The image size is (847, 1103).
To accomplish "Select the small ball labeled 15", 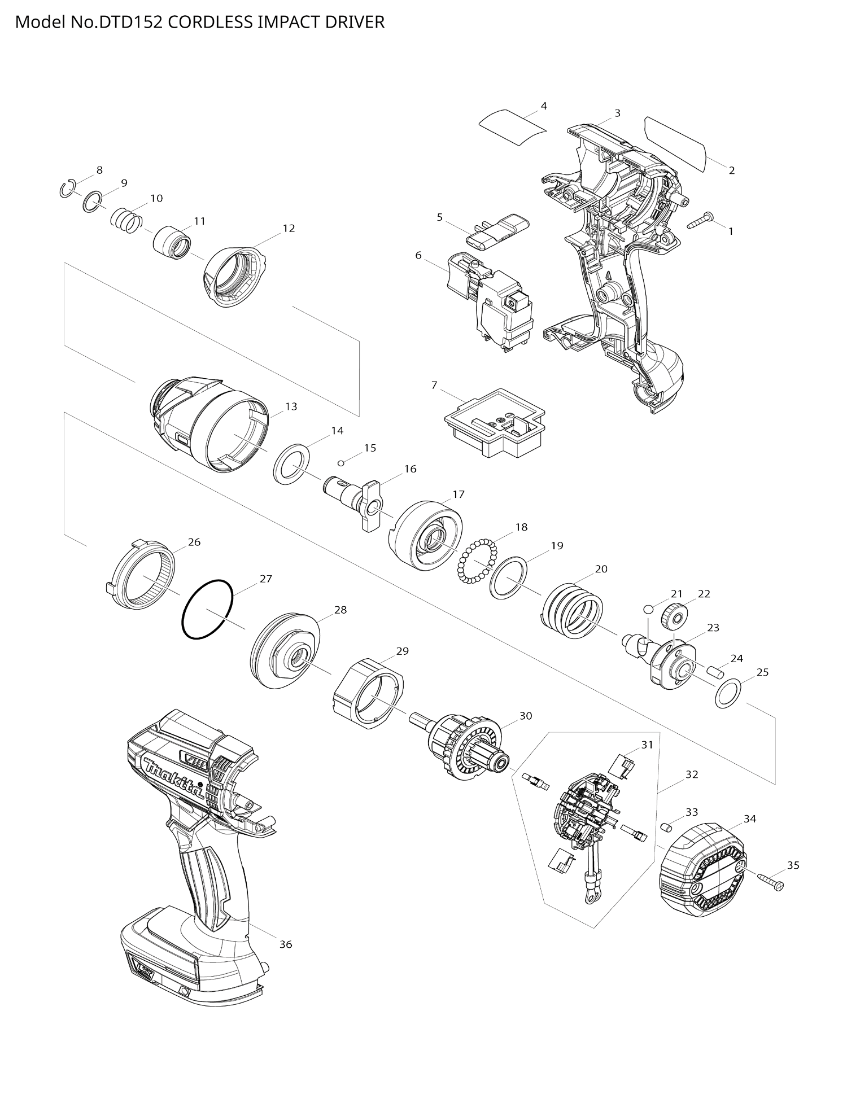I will [x=341, y=463].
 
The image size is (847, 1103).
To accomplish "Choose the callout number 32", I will [x=692, y=774].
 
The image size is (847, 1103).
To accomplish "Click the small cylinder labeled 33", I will [x=666, y=828].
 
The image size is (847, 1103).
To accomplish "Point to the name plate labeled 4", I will [x=512, y=127].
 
